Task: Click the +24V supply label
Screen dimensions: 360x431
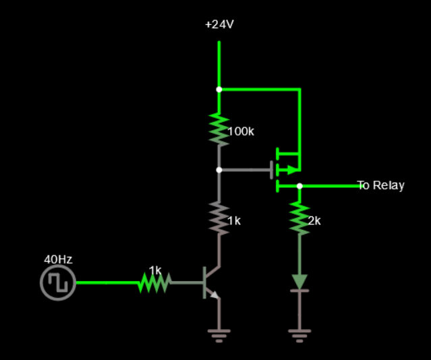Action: tap(219, 24)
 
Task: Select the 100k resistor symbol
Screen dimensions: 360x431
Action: tap(219, 129)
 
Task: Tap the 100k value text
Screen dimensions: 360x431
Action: tap(241, 131)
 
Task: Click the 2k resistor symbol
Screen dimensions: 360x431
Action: tap(299, 218)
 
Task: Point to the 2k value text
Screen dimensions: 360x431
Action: tap(314, 221)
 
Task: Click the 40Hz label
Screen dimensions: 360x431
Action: tap(58, 259)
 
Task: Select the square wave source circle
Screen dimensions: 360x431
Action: tap(58, 283)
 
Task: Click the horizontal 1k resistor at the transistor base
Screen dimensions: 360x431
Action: tap(154, 283)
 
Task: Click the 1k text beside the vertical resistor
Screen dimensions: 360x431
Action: tap(233, 220)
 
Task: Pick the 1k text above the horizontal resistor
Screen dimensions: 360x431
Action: tap(155, 270)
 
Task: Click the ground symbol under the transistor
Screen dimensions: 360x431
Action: tap(219, 334)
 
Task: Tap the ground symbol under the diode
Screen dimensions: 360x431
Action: tap(299, 334)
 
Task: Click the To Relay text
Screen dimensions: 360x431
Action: tap(380, 185)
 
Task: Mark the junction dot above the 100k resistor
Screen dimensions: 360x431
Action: tap(219, 89)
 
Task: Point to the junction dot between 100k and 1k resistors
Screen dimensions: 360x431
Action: tap(219, 170)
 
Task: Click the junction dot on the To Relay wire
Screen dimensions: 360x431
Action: tap(299, 186)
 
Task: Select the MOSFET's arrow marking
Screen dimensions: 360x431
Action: tap(291, 170)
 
